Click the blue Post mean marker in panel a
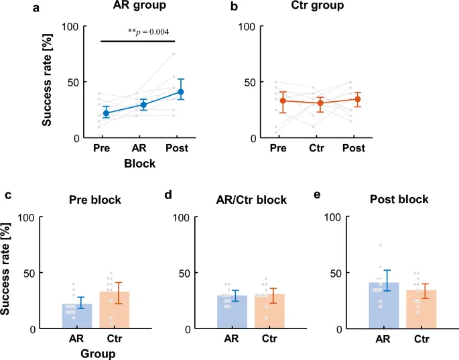(x=181, y=92)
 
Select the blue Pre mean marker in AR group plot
(x=106, y=113)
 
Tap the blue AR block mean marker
(x=143, y=105)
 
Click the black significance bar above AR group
(x=138, y=42)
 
